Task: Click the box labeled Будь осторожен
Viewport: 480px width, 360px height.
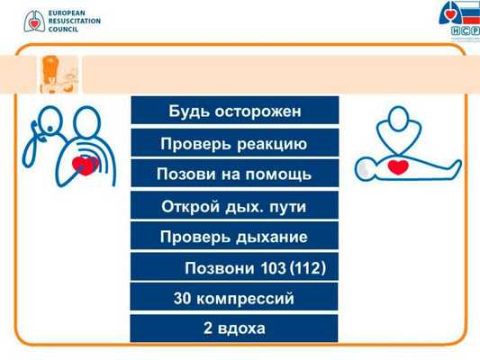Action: click(x=234, y=111)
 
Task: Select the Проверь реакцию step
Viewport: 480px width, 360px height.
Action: click(x=234, y=143)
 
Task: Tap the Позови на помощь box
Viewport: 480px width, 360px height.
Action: click(x=234, y=174)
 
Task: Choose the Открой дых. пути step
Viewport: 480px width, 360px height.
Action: click(x=234, y=206)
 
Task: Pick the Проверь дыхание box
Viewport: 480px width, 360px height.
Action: click(x=234, y=237)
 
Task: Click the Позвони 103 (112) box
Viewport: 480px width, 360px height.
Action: click(x=234, y=268)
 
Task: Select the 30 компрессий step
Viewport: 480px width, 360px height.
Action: click(x=234, y=298)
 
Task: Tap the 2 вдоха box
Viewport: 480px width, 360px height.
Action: click(x=234, y=328)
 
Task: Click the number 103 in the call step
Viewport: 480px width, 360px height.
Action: click(x=270, y=268)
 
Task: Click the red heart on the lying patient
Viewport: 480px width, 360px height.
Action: click(x=397, y=166)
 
